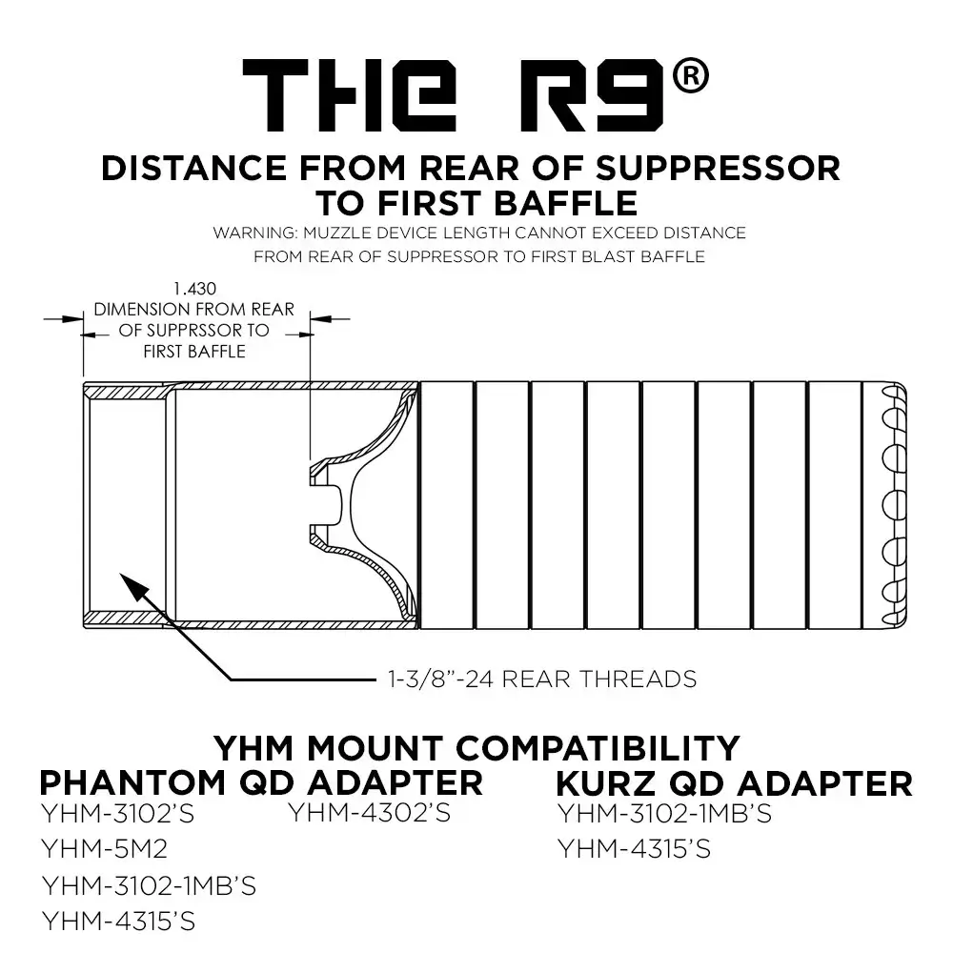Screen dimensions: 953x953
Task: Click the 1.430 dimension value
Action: [194, 288]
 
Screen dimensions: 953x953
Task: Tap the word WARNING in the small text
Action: [247, 233]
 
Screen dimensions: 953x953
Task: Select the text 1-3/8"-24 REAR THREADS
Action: [541, 679]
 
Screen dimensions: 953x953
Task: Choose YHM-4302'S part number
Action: [369, 813]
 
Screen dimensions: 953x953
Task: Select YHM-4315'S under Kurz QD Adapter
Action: [634, 848]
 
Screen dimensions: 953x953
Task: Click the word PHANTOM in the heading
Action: [130, 783]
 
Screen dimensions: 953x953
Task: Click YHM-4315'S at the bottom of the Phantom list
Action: [119, 922]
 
